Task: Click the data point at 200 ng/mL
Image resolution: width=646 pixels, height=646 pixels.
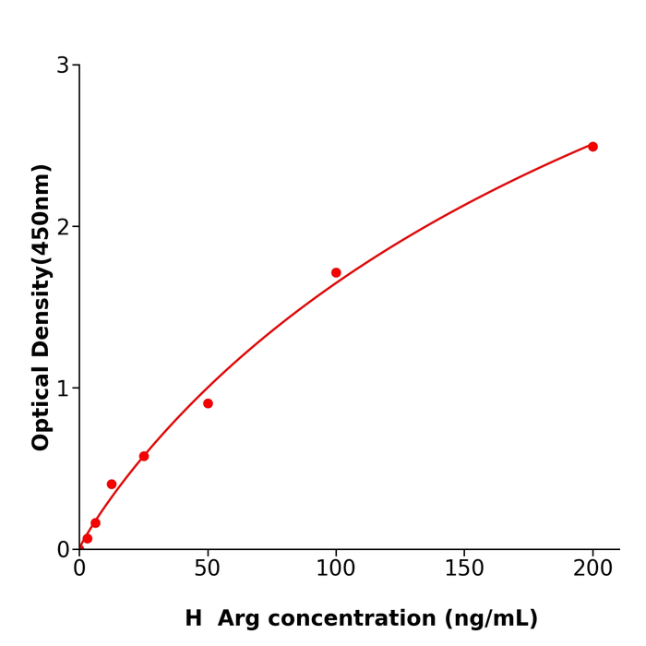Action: pyautogui.click(x=592, y=147)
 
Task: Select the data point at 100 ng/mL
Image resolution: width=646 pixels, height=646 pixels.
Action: pyautogui.click(x=336, y=272)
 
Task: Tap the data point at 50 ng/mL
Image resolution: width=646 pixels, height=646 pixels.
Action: pyautogui.click(x=208, y=403)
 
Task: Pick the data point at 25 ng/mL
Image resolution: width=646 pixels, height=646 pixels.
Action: pyautogui.click(x=144, y=456)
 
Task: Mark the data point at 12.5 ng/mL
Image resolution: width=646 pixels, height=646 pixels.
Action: pyautogui.click(x=112, y=484)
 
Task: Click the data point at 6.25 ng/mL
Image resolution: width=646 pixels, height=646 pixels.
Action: pyautogui.click(x=95, y=522)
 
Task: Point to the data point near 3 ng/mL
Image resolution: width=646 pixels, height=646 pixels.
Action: pyautogui.click(x=88, y=538)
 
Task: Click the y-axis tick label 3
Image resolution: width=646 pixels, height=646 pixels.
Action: pyautogui.click(x=63, y=66)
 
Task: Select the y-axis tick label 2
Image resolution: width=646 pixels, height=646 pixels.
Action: pyautogui.click(x=63, y=227)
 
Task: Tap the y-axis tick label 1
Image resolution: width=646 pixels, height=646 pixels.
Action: pyautogui.click(x=63, y=389)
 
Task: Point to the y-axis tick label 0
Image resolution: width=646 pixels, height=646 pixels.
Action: pyautogui.click(x=63, y=550)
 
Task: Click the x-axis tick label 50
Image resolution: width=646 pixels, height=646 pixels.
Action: pyautogui.click(x=208, y=569)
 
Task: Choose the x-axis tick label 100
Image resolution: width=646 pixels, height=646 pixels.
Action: pyautogui.click(x=336, y=569)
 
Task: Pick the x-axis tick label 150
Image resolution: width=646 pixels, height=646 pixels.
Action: pyautogui.click(x=464, y=569)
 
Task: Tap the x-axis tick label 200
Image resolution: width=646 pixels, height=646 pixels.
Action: pyautogui.click(x=592, y=569)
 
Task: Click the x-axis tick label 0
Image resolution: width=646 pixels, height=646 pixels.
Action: pyautogui.click(x=79, y=569)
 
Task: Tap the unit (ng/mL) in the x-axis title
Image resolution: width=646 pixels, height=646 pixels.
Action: pyautogui.click(x=494, y=619)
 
